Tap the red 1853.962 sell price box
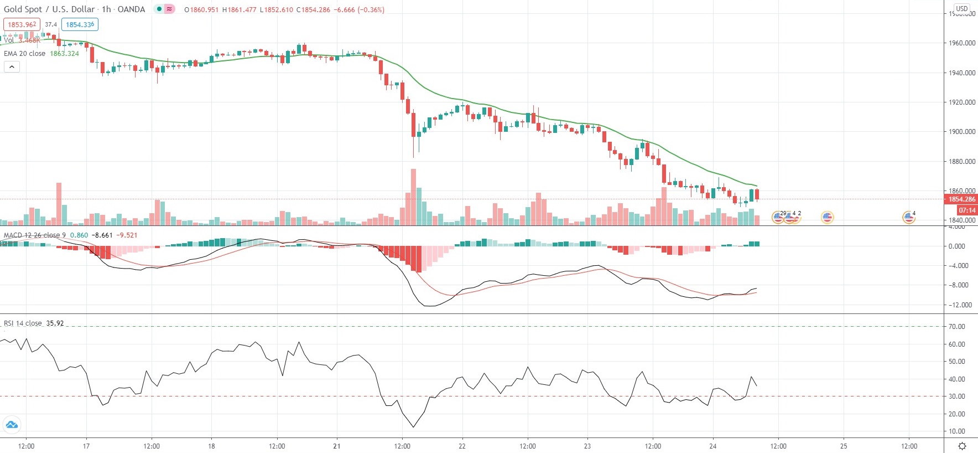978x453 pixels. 22,24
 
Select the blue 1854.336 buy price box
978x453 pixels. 80,24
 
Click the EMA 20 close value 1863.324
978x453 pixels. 64,54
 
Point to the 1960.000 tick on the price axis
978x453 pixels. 962,43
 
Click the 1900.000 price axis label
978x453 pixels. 962,132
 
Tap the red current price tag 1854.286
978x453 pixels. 962,199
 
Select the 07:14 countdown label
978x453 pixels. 967,210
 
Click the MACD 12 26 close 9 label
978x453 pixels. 34,235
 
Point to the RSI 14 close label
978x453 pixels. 23,323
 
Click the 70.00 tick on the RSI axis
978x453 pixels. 956,327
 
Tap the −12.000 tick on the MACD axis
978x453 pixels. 959,305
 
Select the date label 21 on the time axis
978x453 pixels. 337,446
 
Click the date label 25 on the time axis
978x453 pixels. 844,446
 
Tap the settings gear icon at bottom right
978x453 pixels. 963,446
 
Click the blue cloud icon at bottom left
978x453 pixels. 11,425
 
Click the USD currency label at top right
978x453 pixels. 962,9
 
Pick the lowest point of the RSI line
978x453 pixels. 413,427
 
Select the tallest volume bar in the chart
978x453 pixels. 413,197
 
